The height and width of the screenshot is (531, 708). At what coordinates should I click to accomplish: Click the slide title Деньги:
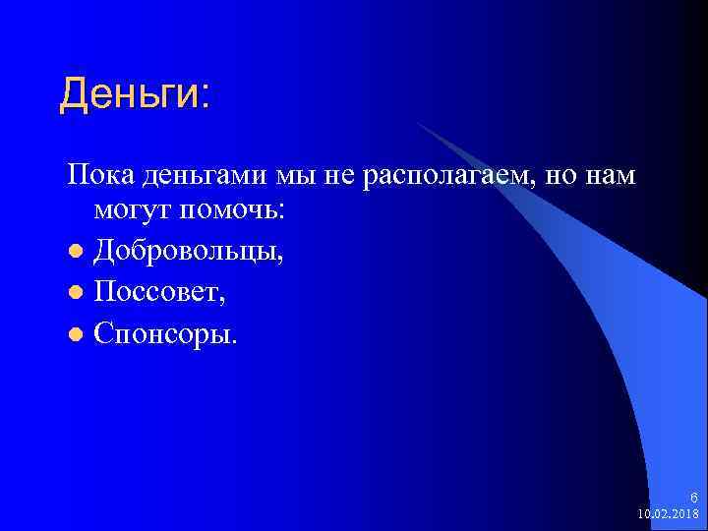tap(134, 95)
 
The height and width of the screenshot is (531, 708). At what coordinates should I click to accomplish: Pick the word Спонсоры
tap(163, 334)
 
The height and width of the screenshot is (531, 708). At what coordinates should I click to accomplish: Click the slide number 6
tap(693, 498)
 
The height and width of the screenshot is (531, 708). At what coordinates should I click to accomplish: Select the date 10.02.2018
tap(669, 513)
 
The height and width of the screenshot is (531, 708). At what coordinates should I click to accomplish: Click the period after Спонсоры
tap(233, 341)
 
